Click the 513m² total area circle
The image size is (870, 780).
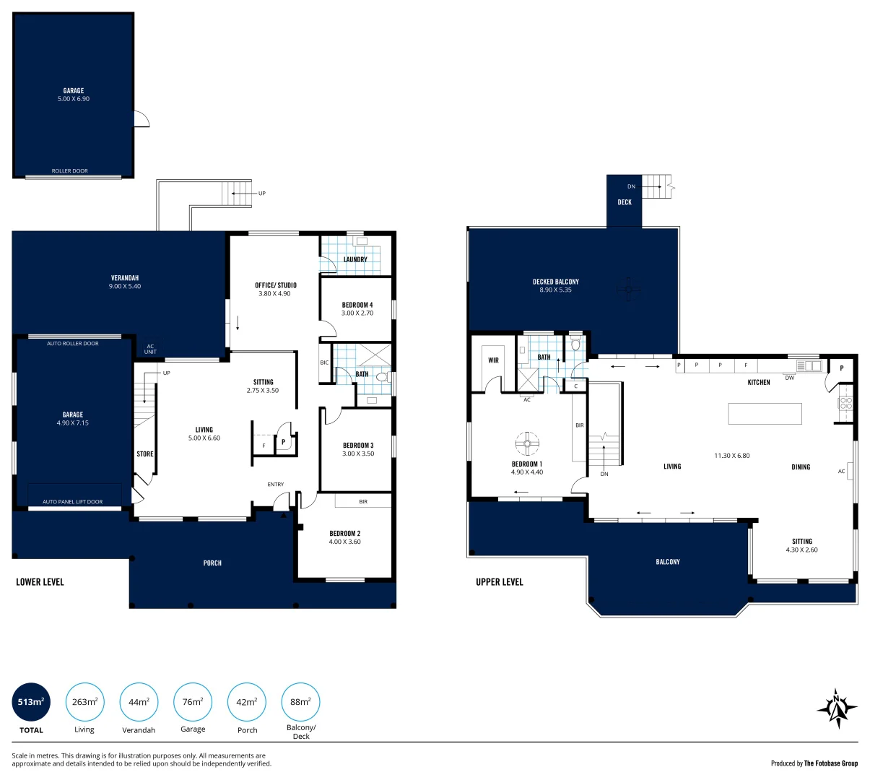pyautogui.click(x=31, y=701)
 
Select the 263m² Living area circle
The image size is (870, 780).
pyautogui.click(x=84, y=701)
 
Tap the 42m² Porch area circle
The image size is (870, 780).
pyautogui.click(x=247, y=701)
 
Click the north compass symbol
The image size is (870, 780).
pyautogui.click(x=837, y=708)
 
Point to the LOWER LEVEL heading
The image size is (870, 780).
pyautogui.click(x=40, y=582)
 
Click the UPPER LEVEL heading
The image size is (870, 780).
pyautogui.click(x=499, y=582)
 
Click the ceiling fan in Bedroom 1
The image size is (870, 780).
pyautogui.click(x=527, y=442)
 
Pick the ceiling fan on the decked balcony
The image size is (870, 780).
pyautogui.click(x=628, y=290)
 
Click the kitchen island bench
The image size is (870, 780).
pyautogui.click(x=765, y=413)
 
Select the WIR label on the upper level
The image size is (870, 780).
pyautogui.click(x=493, y=360)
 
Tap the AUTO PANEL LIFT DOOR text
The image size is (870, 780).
pyautogui.click(x=73, y=502)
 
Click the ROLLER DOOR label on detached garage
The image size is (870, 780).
pyautogui.click(x=70, y=171)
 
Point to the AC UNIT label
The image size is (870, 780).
pyautogui.click(x=150, y=349)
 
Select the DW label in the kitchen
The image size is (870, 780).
pyautogui.click(x=789, y=378)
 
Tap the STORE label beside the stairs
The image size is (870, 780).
pyautogui.click(x=145, y=454)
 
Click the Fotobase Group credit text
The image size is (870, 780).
pyautogui.click(x=814, y=763)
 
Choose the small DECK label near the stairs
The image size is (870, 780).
pyautogui.click(x=625, y=202)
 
